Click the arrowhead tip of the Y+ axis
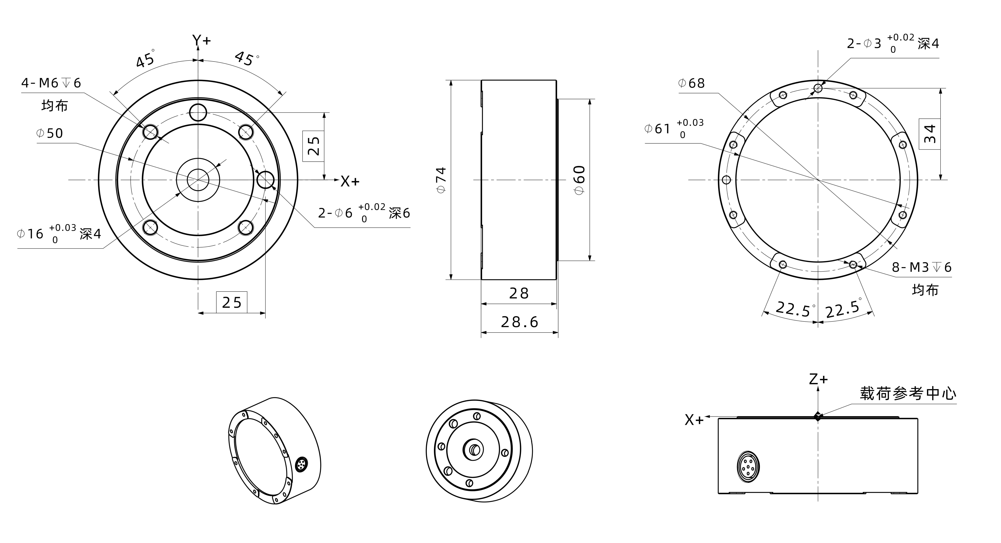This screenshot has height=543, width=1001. click(x=198, y=46)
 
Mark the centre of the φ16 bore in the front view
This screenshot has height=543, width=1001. click(x=198, y=180)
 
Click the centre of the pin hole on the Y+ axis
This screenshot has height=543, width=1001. click(x=198, y=113)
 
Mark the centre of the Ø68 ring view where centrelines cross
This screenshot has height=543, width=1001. click(x=818, y=180)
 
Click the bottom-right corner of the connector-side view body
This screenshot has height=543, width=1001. click(x=918, y=494)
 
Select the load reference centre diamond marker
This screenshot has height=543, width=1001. click(x=818, y=416)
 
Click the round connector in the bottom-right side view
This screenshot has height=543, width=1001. click(x=748, y=466)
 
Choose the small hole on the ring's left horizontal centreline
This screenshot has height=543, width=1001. click(x=726, y=180)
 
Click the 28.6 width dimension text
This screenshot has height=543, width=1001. click(x=520, y=322)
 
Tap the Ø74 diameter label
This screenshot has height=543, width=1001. click(x=441, y=180)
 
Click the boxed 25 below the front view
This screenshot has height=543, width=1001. click(x=232, y=302)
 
